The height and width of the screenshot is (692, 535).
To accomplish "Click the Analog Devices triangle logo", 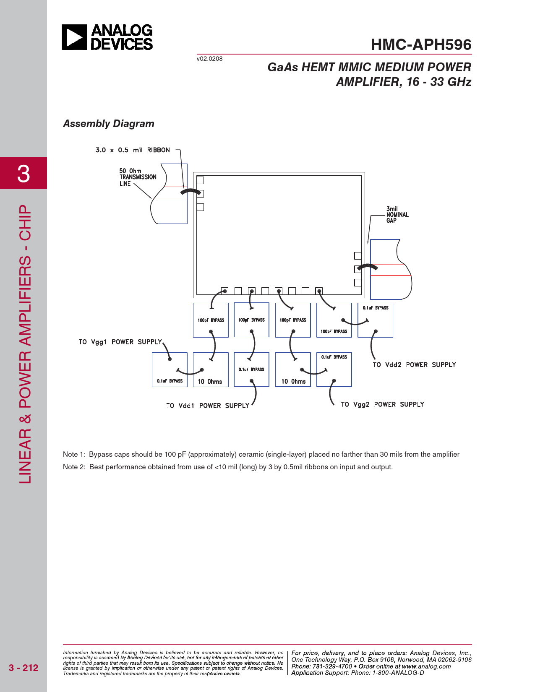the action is (x=74, y=37).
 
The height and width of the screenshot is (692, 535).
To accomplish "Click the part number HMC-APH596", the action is (x=421, y=44).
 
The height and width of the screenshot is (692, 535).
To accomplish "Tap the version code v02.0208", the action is (x=209, y=59).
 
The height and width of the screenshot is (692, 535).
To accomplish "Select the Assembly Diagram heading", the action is (x=109, y=124).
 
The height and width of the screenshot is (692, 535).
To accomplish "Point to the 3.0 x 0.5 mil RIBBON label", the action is (x=133, y=150).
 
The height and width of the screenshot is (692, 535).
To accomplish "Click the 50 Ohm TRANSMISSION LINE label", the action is (x=138, y=177).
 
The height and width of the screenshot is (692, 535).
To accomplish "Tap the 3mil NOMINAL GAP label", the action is (x=397, y=215).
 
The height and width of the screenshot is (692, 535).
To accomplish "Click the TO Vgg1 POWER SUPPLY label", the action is (x=120, y=342).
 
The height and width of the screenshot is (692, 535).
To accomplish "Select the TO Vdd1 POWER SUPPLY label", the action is (x=207, y=406).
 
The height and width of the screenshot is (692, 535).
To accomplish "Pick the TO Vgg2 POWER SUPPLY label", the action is (x=382, y=404).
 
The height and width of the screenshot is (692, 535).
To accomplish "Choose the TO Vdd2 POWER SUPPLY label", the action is (x=414, y=364).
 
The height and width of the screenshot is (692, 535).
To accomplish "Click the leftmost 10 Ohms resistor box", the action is (x=211, y=370).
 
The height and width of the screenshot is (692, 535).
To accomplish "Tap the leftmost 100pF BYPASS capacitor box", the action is (x=211, y=320).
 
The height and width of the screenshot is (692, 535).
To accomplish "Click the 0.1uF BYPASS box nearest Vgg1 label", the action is (x=170, y=370).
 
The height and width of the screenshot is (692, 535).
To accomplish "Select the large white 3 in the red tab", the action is (x=23, y=174).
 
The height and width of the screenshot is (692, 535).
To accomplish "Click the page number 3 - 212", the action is (x=23, y=668).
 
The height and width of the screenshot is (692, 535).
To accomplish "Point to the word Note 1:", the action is (x=74, y=455).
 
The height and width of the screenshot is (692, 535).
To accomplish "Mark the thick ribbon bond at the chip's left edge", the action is (x=191, y=191).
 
